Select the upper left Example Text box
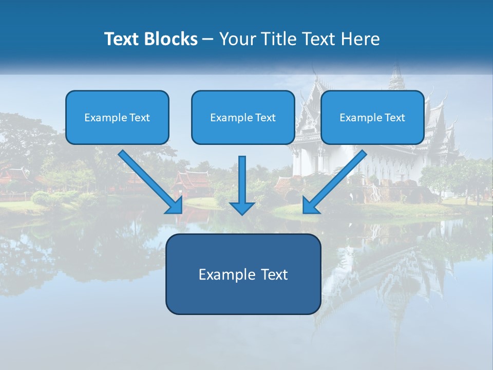pyautogui.click(x=117, y=117)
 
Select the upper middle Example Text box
pyautogui.click(x=243, y=117)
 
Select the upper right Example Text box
pyautogui.click(x=372, y=117)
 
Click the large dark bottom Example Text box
pyautogui.click(x=243, y=274)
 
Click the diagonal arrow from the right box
pyautogui.click(x=336, y=180)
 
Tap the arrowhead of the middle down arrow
pyautogui.click(x=242, y=207)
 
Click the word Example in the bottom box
pyautogui.click(x=221, y=274)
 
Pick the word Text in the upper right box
pyautogui.click(x=394, y=118)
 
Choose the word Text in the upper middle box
pyautogui.click(x=265, y=118)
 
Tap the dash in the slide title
pyautogui.click(x=208, y=39)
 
